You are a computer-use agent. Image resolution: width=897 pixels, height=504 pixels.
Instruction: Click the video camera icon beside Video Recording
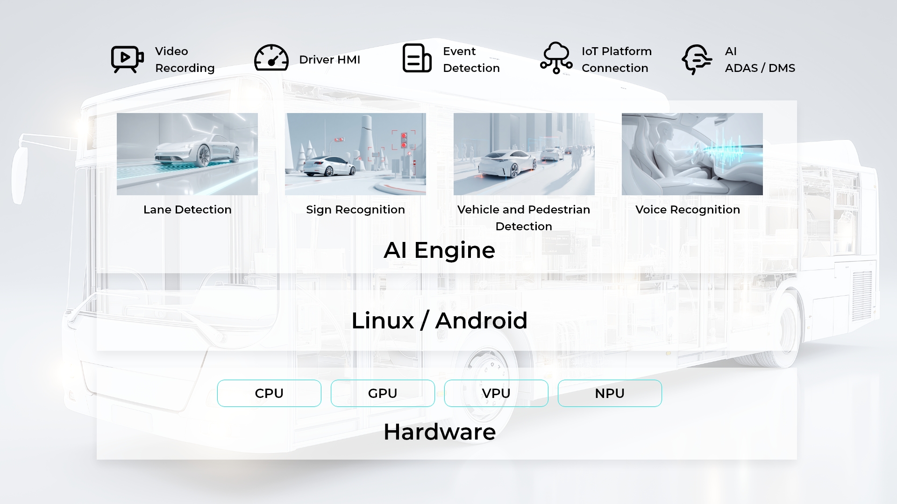coord(127,59)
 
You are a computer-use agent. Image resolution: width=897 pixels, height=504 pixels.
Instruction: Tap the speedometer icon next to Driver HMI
coord(271,58)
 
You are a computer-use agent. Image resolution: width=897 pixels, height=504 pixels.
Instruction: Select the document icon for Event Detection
coord(417,58)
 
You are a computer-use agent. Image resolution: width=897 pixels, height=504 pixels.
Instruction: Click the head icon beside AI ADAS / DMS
coord(697,59)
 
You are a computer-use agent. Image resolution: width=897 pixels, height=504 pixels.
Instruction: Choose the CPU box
coord(269,393)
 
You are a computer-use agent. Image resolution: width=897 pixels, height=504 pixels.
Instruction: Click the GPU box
coord(383,393)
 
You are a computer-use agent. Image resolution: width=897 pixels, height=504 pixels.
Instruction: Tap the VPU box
coord(496,393)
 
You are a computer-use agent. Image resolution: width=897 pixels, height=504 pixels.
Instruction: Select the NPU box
coord(610,393)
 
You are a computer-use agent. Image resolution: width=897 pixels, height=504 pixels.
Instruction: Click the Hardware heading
coord(440,432)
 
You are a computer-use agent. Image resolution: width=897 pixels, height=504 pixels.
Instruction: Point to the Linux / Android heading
coord(439,321)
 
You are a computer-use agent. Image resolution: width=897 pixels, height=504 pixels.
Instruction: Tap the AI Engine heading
coord(439,250)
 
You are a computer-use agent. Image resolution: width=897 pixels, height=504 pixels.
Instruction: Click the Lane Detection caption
coord(187,210)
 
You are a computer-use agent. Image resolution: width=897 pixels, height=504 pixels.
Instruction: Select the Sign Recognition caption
coord(356,210)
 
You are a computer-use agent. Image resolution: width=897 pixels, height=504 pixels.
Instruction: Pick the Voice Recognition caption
coord(688,210)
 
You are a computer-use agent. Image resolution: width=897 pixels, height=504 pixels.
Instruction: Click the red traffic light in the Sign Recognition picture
coord(404,140)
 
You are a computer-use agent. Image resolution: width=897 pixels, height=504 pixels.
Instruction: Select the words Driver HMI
coord(329,60)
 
